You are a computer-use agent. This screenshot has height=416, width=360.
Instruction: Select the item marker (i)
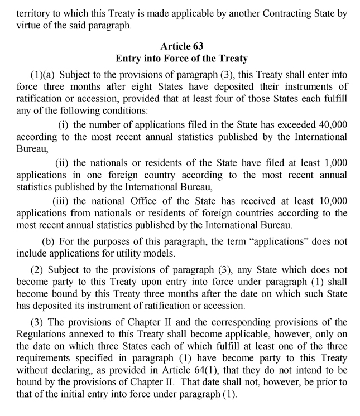pyautogui.click(x=63, y=123)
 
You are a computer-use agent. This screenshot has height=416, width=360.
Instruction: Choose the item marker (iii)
pyautogui.click(x=61, y=201)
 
